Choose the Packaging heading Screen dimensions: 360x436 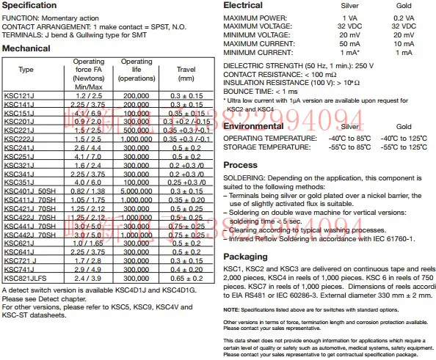click(x=247, y=257)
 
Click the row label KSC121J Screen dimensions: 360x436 click(x=19, y=96)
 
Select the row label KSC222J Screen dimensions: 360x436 click(x=19, y=138)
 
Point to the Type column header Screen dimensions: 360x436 click(x=26, y=70)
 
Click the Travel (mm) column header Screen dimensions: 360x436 click(x=186, y=73)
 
